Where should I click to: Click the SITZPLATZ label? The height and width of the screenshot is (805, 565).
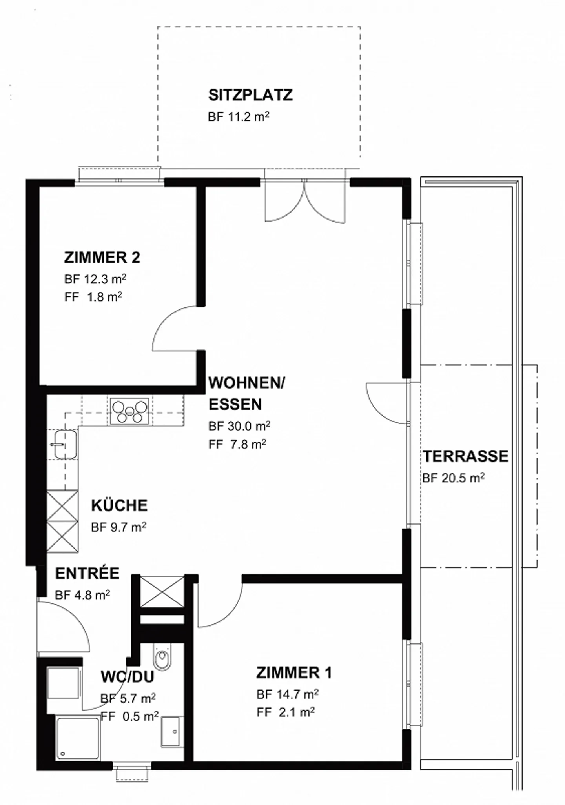click(250, 95)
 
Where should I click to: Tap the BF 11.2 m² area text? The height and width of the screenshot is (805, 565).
click(238, 117)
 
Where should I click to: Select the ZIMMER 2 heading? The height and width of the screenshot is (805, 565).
click(102, 258)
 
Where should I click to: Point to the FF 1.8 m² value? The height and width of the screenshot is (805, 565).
click(93, 297)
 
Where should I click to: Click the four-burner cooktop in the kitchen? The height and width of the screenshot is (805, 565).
click(129, 411)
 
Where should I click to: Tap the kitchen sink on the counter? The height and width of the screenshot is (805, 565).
click(65, 444)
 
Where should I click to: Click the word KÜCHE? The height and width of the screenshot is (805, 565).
click(119, 505)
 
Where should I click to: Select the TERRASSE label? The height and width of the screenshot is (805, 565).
click(465, 456)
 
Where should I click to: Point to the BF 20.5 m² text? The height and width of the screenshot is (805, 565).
click(453, 478)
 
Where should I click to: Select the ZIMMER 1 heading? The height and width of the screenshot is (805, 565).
click(294, 673)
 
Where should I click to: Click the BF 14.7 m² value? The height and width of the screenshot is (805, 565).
click(287, 694)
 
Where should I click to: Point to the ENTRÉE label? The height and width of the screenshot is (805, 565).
click(87, 574)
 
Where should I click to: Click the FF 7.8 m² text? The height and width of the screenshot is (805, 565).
click(237, 445)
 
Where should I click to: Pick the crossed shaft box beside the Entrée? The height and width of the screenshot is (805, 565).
click(162, 591)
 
